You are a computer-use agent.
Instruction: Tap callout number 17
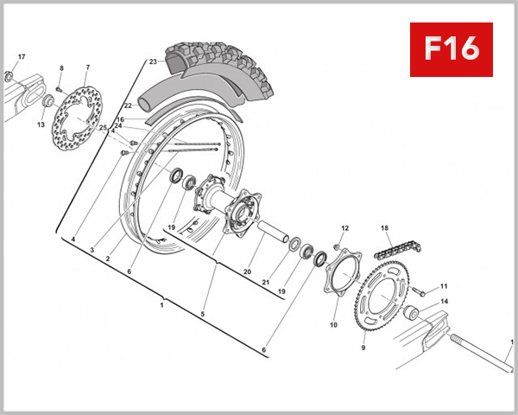tap(22, 58)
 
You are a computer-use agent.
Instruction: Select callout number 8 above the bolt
tap(61, 67)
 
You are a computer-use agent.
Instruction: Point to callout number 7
tap(87, 67)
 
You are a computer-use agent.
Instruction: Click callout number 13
tap(41, 124)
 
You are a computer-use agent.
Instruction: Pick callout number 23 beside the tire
tap(152, 62)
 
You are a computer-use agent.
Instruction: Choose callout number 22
tap(127, 106)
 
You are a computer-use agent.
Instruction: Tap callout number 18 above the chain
tap(385, 227)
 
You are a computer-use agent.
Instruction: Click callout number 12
tap(344, 228)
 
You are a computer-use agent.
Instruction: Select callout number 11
tap(445, 286)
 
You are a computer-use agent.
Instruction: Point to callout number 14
tap(445, 302)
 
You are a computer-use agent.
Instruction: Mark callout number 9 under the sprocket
tap(363, 348)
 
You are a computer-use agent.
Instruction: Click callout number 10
tap(333, 326)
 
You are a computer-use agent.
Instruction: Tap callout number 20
tap(247, 272)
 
